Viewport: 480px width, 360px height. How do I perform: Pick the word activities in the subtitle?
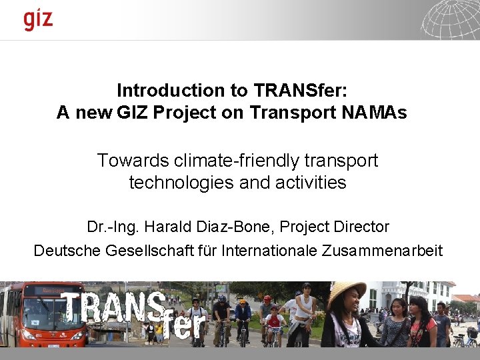tap(309, 183)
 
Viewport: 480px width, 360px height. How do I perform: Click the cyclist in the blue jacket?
tap(243, 313)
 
